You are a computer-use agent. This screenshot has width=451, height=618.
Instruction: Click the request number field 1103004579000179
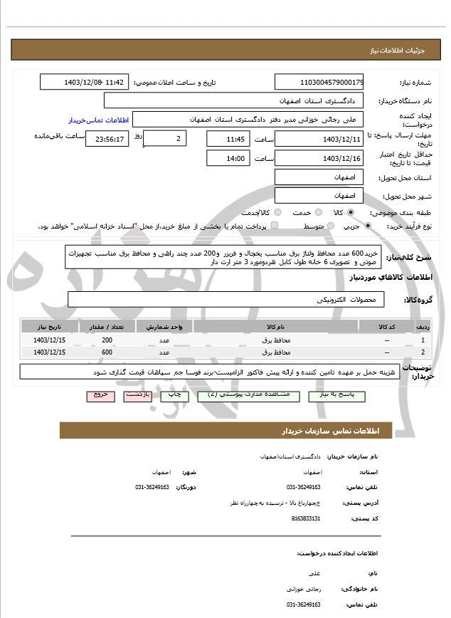tap(319, 83)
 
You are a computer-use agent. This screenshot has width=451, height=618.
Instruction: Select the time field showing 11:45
tap(228, 138)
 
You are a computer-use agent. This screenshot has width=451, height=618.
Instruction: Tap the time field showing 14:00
tap(228, 158)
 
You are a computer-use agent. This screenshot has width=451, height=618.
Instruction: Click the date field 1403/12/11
tap(319, 138)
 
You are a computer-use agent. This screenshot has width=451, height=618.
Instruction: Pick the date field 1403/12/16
tap(319, 158)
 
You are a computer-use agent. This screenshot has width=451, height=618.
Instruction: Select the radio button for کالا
tap(350, 213)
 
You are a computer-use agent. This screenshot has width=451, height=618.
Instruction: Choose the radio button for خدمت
tap(317, 213)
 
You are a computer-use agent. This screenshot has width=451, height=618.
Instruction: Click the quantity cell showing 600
tap(107, 352)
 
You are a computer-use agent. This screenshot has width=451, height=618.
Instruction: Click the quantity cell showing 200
tap(107, 340)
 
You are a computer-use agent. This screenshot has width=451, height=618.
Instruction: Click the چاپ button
tap(174, 393)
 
